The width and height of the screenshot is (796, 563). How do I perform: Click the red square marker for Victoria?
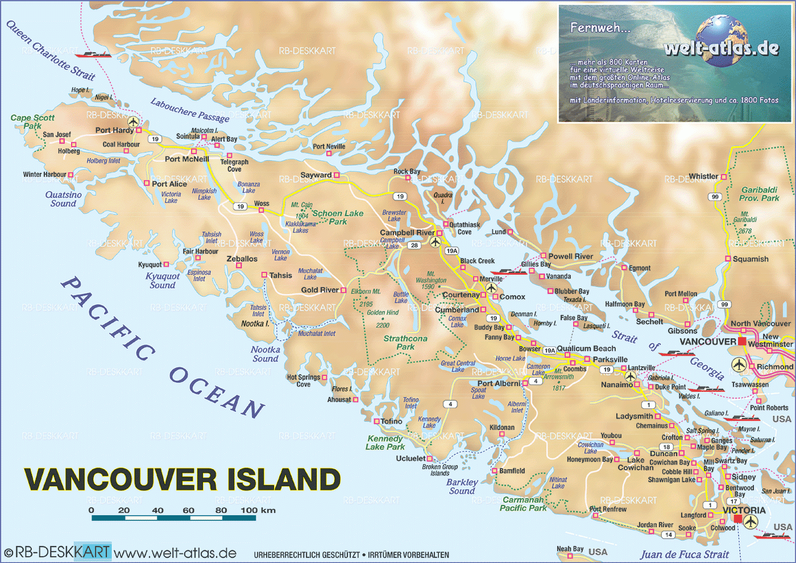pyautogui.click(x=738, y=519)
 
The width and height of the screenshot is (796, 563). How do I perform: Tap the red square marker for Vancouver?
pyautogui.click(x=742, y=341)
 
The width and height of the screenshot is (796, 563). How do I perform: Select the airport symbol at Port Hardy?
pyautogui.click(x=133, y=122)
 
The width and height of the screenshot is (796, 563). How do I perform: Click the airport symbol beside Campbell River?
pyautogui.click(x=436, y=242)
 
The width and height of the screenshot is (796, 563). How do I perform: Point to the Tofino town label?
pyautogui.click(x=391, y=421)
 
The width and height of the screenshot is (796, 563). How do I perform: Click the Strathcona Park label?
pyautogui.click(x=405, y=342)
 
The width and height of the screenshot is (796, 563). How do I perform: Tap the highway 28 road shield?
pyautogui.click(x=414, y=246)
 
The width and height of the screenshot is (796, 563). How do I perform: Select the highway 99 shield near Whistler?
pyautogui.click(x=715, y=197)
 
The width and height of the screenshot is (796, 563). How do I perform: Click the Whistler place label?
pyautogui.click(x=703, y=176)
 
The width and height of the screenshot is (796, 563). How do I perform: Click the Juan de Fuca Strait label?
pyautogui.click(x=685, y=554)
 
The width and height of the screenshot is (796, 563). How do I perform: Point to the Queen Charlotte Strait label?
pyautogui.click(x=51, y=50)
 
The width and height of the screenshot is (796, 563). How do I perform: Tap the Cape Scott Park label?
pyautogui.click(x=32, y=121)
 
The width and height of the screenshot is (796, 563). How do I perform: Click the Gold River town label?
pyautogui.click(x=320, y=290)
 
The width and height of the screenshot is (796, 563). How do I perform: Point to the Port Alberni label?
pyautogui.click(x=499, y=383)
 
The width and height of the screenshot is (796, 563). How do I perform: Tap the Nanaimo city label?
pyautogui.click(x=617, y=385)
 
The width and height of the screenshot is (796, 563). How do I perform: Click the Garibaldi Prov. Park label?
pyautogui.click(x=759, y=194)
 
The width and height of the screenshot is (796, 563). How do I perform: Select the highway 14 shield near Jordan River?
pyautogui.click(x=669, y=535)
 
